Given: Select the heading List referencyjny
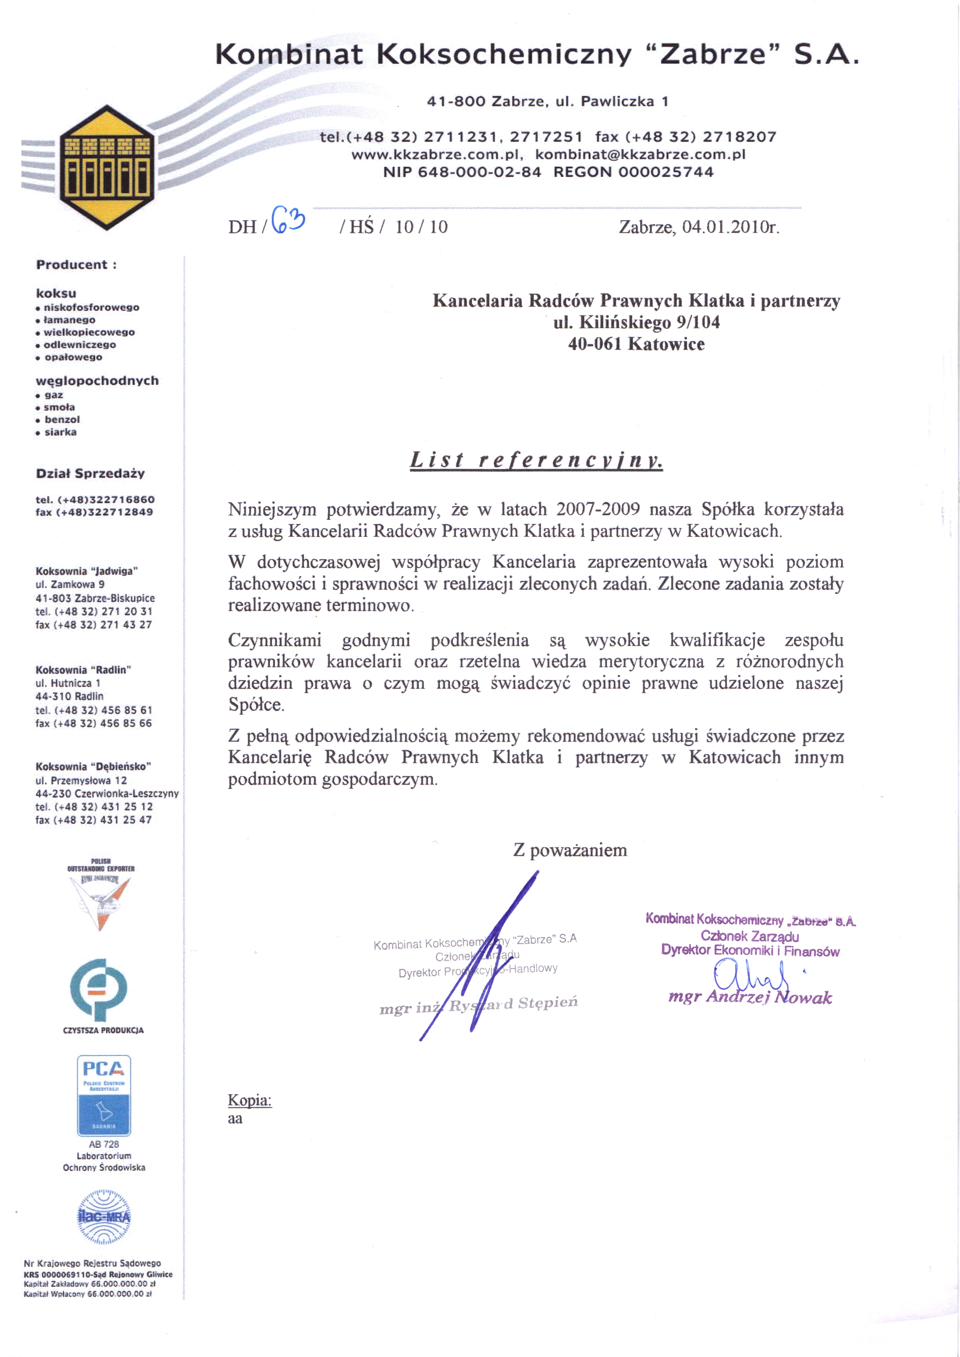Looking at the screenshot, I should [x=536, y=459].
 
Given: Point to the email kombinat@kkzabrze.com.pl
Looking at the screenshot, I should [x=640, y=154].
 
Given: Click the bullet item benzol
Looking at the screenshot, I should [x=62, y=419].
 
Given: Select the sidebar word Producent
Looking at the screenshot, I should [x=72, y=265].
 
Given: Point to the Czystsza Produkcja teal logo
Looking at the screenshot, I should [x=99, y=989].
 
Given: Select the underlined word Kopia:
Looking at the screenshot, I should [x=250, y=1100].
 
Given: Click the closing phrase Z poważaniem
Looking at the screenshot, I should [x=570, y=850].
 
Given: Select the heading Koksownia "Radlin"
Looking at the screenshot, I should [x=83, y=670].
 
